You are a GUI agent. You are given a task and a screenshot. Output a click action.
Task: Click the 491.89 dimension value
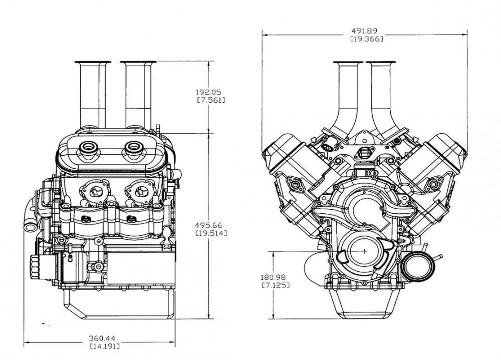364,30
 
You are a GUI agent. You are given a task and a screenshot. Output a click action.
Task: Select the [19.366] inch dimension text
364,39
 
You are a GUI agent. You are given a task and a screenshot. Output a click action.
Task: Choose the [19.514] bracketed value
210,233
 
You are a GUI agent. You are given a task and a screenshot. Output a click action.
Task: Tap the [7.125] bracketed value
275,285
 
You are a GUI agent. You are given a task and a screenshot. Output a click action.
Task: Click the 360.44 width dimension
104,338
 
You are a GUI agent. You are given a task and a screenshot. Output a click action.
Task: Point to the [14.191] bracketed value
104,346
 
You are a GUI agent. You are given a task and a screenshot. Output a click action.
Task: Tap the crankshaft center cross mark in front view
364,251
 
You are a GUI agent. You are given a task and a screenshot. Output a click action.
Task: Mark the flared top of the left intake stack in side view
92,63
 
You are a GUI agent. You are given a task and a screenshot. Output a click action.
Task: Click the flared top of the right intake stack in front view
381,63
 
